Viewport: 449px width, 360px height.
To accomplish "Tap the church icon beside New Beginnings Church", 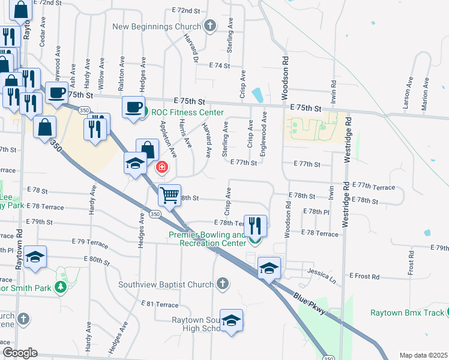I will tap(209, 25).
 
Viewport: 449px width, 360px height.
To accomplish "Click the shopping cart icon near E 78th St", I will tap(169, 194).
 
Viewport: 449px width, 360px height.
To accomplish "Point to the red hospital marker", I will tap(161, 167).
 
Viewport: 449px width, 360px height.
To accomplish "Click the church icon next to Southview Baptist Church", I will tap(222, 283).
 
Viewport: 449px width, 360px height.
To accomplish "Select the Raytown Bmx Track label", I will tap(406, 313).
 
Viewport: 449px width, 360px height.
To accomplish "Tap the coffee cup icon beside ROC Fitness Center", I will tap(133, 107).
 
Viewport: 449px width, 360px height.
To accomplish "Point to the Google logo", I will tap(20, 353).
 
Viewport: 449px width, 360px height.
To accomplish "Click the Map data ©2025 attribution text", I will tap(423, 355).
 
